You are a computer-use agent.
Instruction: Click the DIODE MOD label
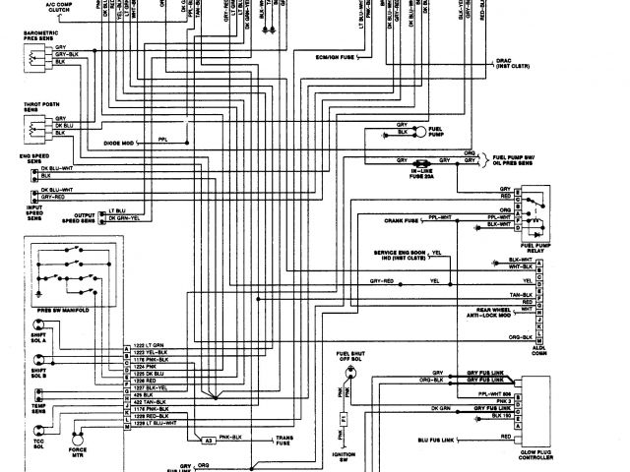pos(118,144)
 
